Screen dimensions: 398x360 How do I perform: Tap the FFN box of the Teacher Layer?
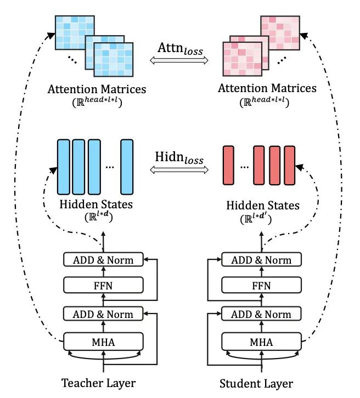tap(103, 285)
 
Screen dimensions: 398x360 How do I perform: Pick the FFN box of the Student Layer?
tap(261, 285)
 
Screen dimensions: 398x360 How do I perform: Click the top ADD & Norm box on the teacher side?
tap(103, 259)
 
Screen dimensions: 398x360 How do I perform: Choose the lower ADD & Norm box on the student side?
tap(261, 314)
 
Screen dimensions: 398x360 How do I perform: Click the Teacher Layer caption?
tap(98, 382)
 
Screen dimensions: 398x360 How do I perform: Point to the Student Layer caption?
tap(256, 383)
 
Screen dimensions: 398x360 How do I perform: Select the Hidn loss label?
tap(179, 160)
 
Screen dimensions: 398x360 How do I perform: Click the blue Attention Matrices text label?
tap(97, 88)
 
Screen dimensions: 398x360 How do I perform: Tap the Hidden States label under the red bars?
tap(263, 206)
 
